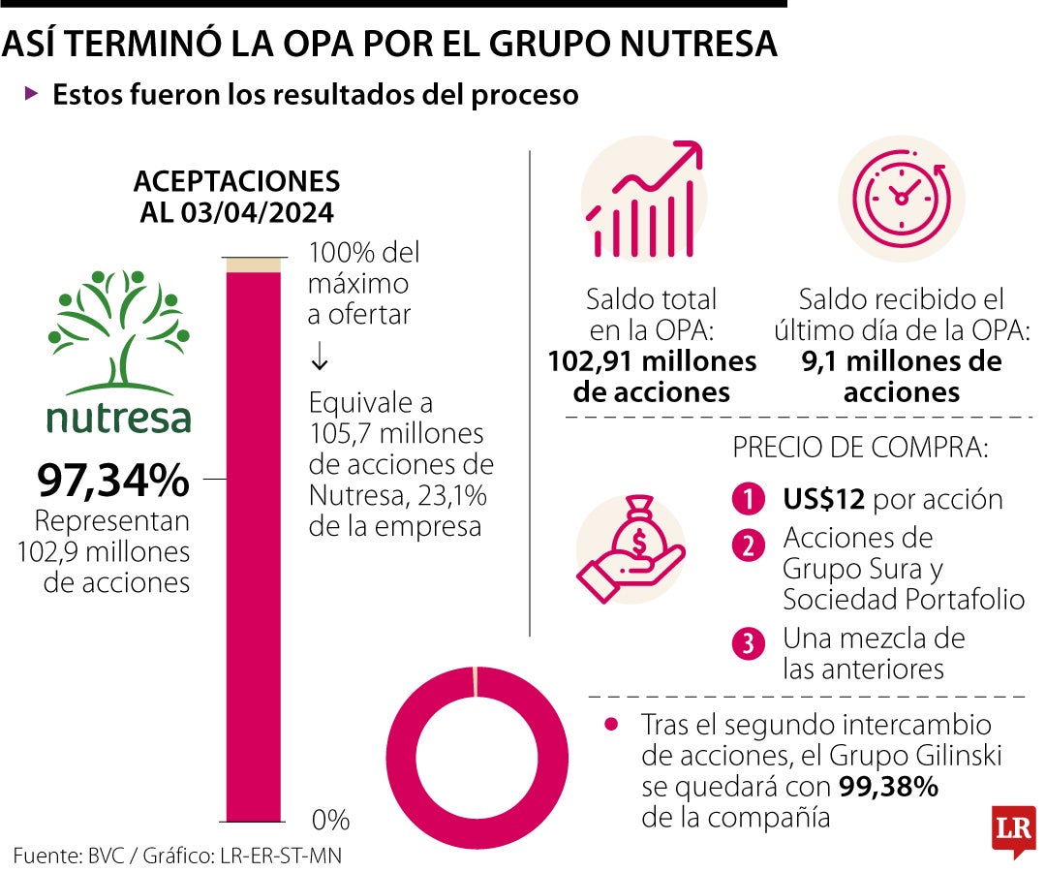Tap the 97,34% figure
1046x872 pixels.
click(113, 479)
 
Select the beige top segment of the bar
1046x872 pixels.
click(253, 265)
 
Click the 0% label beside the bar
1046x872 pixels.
click(330, 820)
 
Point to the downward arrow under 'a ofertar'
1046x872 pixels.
click(320, 358)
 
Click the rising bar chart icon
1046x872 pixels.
click(643, 199)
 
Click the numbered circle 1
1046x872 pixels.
click(749, 500)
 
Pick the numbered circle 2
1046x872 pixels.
click(749, 545)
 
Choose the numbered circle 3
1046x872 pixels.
click(749, 644)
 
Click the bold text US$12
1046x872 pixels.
click(823, 500)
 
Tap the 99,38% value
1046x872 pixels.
click(888, 787)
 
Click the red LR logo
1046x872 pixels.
click(1012, 831)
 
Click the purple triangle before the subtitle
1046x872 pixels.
click(32, 94)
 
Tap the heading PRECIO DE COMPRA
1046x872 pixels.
click(860, 449)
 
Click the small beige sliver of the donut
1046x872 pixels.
click(476, 680)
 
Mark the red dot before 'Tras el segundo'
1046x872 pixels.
click(610, 724)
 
